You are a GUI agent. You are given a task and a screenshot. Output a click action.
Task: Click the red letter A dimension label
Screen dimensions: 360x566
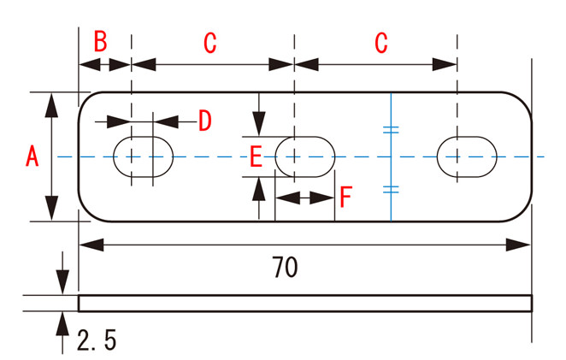pyautogui.click(x=32, y=156)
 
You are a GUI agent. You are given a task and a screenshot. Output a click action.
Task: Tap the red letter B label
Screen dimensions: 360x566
pyautogui.click(x=100, y=42)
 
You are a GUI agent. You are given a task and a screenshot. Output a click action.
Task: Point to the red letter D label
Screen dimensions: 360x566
pyautogui.click(x=204, y=121)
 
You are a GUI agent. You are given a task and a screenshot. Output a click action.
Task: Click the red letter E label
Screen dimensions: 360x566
pyautogui.click(x=255, y=156)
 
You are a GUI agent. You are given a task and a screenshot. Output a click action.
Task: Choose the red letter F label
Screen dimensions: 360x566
pyautogui.click(x=345, y=198)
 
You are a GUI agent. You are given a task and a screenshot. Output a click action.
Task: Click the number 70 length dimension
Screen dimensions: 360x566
pyautogui.click(x=285, y=268)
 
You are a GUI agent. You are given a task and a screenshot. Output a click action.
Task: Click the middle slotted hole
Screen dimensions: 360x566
pyautogui.click(x=304, y=156)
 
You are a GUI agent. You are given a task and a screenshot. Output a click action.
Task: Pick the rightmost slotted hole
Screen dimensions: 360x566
pyautogui.click(x=467, y=156)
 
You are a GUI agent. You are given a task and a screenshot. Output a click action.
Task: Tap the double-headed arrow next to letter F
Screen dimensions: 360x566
pyautogui.click(x=304, y=198)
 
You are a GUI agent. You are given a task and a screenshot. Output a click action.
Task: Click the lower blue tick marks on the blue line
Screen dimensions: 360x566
pyautogui.click(x=391, y=189)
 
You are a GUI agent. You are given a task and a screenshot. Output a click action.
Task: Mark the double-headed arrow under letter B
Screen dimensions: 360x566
pyautogui.click(x=104, y=64)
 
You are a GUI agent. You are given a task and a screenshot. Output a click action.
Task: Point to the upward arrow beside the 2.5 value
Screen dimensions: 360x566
pyautogui.click(x=62, y=329)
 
